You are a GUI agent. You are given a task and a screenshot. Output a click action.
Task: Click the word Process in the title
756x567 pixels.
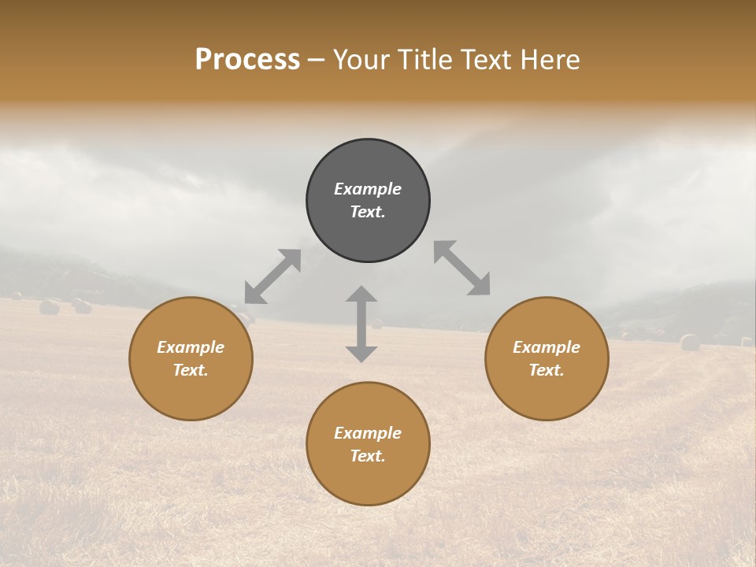click(247, 59)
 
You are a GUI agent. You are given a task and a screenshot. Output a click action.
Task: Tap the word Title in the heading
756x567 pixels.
click(422, 60)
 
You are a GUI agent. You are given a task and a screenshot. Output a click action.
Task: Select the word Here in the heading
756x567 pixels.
click(550, 60)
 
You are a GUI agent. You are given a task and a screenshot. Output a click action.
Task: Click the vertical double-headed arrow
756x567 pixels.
click(361, 324)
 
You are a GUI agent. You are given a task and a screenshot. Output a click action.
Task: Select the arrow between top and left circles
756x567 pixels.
click(272, 276)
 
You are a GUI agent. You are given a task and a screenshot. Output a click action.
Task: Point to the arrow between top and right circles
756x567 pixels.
click(462, 268)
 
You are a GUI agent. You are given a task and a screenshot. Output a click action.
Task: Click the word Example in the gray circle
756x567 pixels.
click(368, 189)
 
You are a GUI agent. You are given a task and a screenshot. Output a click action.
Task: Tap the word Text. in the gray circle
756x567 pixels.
click(368, 212)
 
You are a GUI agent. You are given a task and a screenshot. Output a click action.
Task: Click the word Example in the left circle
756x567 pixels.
click(191, 347)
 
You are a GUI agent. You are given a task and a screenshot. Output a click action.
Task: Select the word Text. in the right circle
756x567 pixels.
click(547, 370)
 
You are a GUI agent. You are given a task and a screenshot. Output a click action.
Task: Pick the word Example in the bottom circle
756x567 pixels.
click(368, 433)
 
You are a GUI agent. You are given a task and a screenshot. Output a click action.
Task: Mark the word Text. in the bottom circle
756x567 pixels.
click(368, 456)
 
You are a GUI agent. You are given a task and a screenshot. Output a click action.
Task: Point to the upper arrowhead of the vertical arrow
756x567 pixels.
click(361, 295)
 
